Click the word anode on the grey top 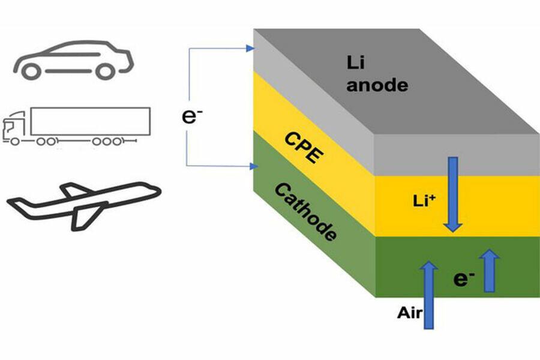(377, 85)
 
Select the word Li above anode (356, 62)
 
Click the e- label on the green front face (461, 278)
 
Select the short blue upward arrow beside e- (490, 270)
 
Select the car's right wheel (104, 71)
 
